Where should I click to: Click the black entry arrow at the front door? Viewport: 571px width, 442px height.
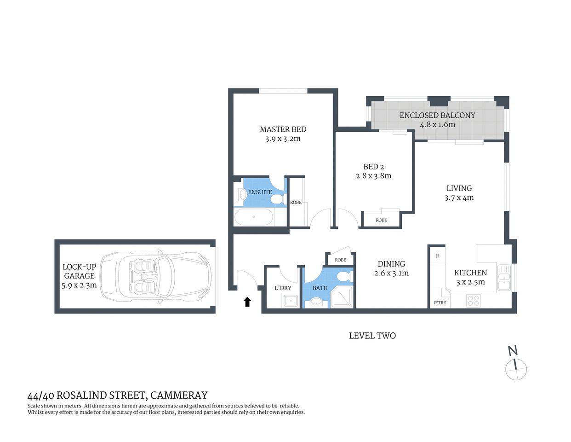(x=247, y=302)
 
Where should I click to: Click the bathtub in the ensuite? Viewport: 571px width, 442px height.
(x=254, y=217)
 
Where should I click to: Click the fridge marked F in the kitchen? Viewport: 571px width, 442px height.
(x=437, y=256)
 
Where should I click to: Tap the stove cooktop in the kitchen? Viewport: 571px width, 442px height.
(x=473, y=301)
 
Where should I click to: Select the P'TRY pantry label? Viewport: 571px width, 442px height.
(x=440, y=302)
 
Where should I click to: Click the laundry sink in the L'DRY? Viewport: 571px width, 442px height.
(x=290, y=301)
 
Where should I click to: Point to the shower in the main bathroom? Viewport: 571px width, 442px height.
(x=343, y=297)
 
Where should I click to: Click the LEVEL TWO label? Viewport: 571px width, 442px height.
(x=372, y=336)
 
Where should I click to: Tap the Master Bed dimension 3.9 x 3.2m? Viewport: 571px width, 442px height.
(x=283, y=139)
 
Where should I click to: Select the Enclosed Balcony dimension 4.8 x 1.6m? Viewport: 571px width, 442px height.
(x=437, y=124)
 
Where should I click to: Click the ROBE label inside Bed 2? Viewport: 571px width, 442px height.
(x=381, y=220)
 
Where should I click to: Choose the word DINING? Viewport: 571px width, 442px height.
(x=391, y=264)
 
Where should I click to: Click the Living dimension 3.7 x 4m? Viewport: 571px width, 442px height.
(x=459, y=198)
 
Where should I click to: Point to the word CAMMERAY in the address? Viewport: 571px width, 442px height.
(x=179, y=395)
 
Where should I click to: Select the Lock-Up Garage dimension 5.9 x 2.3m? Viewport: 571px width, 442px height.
(x=79, y=285)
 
